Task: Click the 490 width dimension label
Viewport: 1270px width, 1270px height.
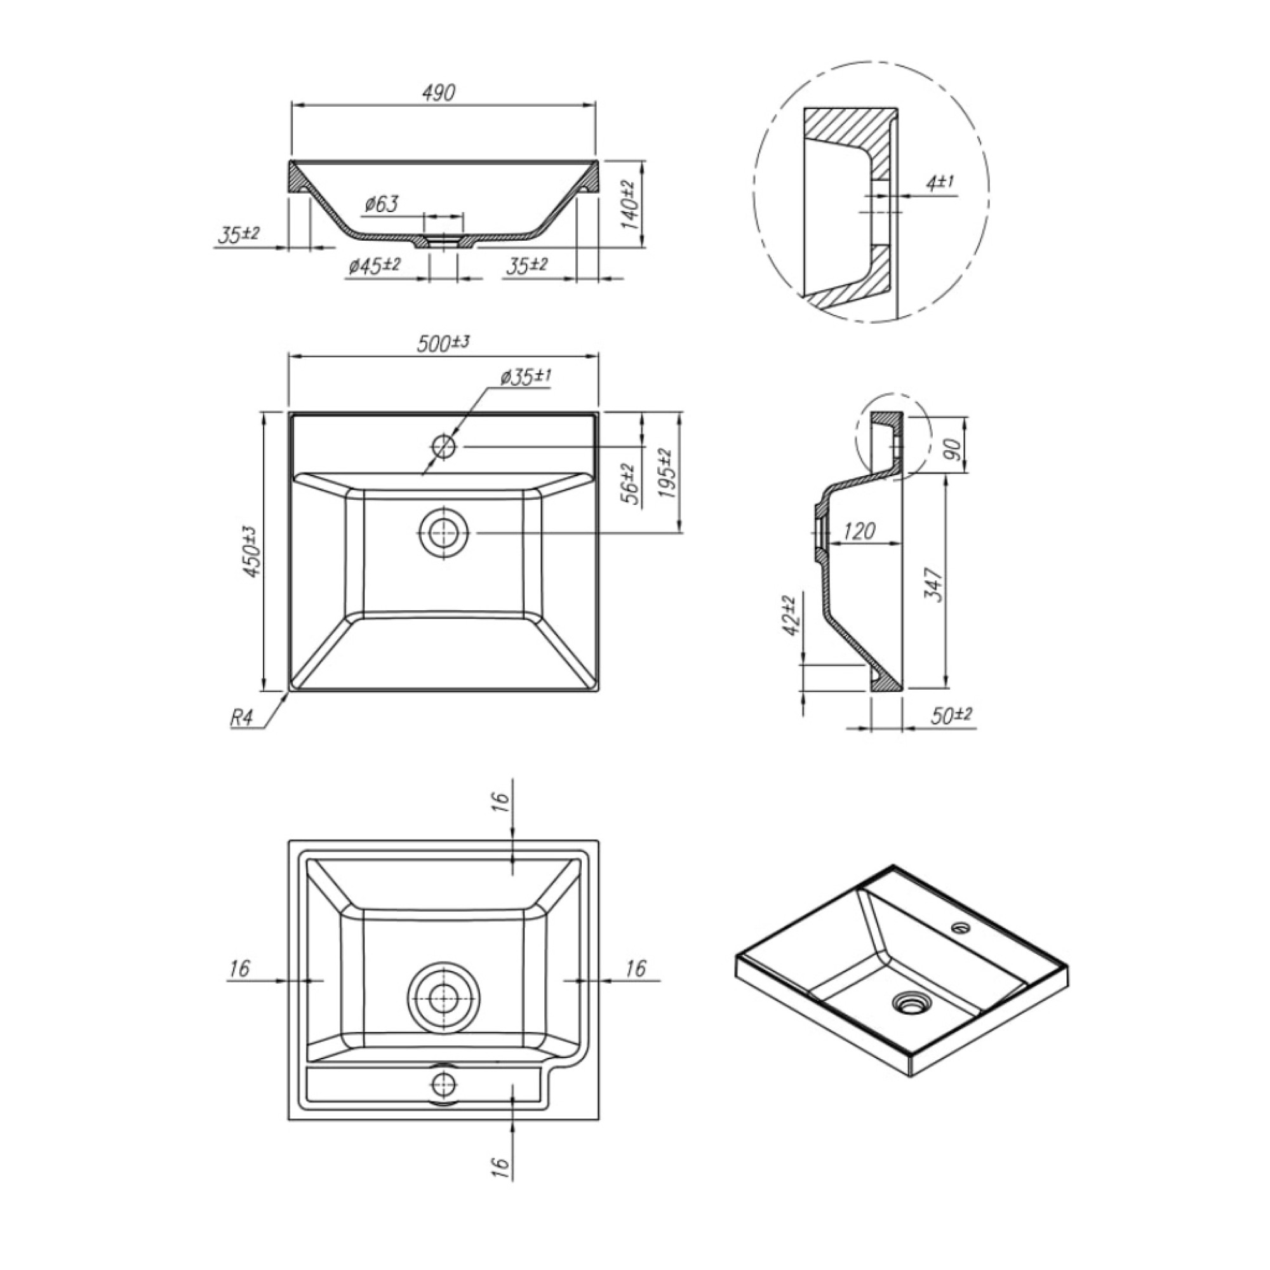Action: [439, 93]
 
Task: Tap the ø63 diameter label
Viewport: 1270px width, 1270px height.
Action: [381, 204]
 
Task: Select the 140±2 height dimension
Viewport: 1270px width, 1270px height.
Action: [629, 203]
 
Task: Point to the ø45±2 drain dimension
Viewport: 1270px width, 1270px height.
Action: [375, 265]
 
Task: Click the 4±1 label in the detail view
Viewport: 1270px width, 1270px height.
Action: [939, 184]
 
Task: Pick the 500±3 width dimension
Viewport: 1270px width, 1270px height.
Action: [444, 344]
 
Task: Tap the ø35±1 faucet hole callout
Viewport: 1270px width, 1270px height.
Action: [525, 377]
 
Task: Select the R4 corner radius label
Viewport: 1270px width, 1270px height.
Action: [241, 718]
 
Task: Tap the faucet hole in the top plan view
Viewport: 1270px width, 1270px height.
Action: [444, 446]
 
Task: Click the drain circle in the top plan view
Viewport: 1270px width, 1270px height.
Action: [444, 533]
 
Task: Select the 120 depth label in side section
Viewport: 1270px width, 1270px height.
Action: [860, 530]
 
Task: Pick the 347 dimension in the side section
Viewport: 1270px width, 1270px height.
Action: [934, 584]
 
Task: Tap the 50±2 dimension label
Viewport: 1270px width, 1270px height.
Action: [951, 716]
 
